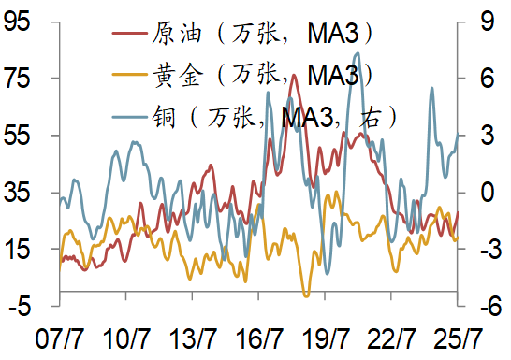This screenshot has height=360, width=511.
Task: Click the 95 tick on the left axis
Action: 17,22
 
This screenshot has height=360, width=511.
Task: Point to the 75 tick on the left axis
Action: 17,79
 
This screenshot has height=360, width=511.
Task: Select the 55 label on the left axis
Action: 17,136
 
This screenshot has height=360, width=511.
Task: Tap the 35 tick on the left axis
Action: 17,193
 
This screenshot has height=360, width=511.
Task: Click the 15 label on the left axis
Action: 17,249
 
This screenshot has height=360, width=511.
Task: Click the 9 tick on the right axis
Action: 476,22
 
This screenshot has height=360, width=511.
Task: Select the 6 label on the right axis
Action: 476,79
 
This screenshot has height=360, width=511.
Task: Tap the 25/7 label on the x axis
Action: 460,338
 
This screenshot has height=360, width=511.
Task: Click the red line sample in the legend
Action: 128,35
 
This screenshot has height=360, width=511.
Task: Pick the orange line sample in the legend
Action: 128,72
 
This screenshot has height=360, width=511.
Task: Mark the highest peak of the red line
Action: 295,75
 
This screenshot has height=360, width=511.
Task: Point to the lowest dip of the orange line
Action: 306,295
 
